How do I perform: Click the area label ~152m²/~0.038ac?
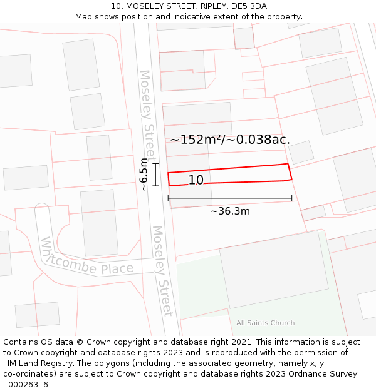[230, 140]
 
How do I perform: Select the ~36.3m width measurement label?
[229, 211]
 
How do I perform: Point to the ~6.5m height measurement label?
[144, 175]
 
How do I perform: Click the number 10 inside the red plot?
[196, 180]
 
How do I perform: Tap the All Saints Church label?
[265, 323]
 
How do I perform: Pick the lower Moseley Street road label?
[162, 270]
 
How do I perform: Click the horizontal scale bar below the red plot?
[229, 199]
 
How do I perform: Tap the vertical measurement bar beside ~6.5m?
[156, 175]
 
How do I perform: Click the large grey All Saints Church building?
[273, 269]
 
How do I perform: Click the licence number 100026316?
[26, 385]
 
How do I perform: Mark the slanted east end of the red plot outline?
[290, 172]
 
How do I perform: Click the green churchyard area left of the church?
[197, 288]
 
